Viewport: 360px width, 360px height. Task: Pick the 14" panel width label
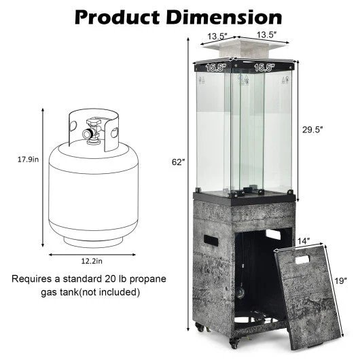(x=304, y=240)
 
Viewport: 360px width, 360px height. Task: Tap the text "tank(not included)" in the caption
(x=101, y=293)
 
